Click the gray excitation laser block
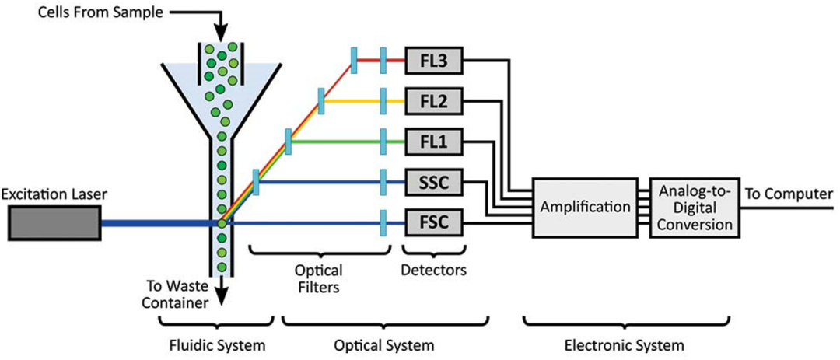[x=55, y=223]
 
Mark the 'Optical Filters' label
[x=319, y=278]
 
